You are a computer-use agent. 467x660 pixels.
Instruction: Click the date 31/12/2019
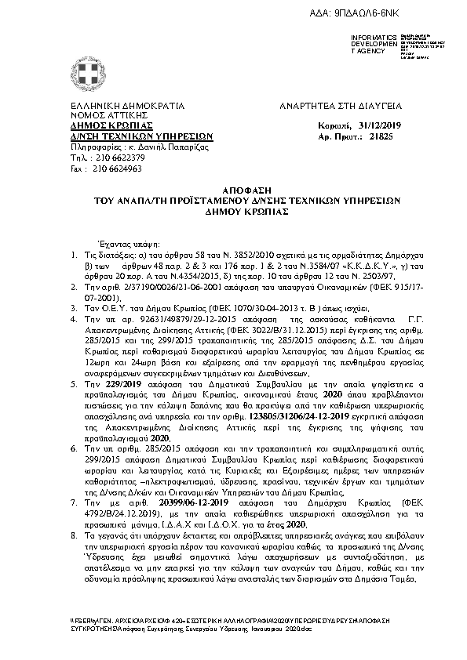378,125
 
